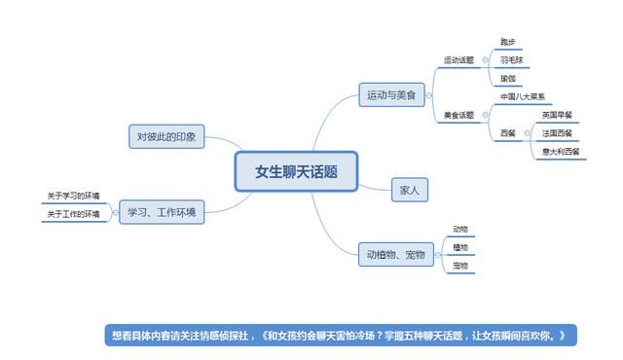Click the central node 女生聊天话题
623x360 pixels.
click(297, 172)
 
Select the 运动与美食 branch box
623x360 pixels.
click(390, 95)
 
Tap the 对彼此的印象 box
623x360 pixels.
click(166, 137)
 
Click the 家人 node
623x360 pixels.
click(409, 191)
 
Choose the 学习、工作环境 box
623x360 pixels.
click(162, 211)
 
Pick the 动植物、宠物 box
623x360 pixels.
click(395, 255)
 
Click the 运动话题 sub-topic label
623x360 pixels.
click(458, 60)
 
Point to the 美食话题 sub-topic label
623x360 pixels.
click(458, 115)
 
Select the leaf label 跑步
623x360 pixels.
click(507, 42)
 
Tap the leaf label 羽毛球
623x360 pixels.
click(511, 60)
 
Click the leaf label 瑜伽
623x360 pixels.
click(507, 79)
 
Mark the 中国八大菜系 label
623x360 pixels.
click(522, 97)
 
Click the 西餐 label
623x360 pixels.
click(507, 133)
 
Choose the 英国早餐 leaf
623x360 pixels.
click(557, 115)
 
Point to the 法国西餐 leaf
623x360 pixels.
click(557, 133)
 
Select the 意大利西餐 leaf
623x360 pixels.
click(560, 152)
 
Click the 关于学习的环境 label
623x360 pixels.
click(73, 197)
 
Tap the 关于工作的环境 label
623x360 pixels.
click(73, 214)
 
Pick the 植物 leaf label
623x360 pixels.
click(460, 247)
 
